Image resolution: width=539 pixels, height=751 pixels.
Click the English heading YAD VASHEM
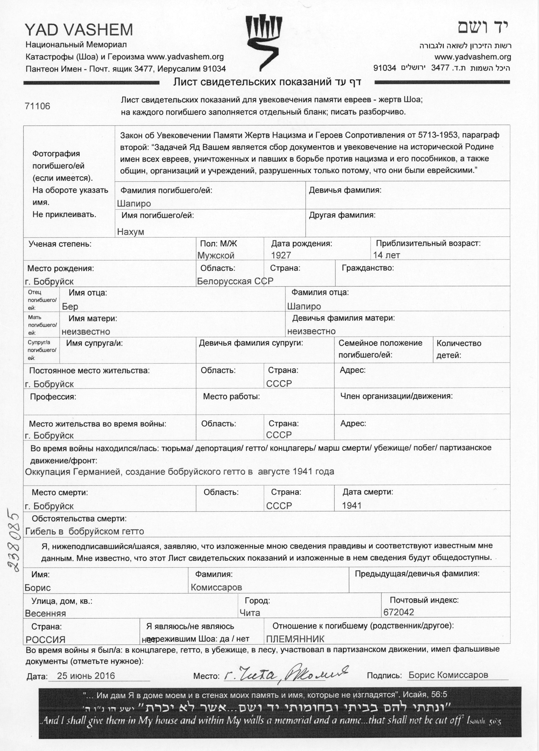79,30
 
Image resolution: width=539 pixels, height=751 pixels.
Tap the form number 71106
37,106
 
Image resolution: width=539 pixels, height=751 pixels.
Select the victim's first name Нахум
131,232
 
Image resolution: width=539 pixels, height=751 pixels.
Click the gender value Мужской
216,256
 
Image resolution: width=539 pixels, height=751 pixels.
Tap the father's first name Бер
70,307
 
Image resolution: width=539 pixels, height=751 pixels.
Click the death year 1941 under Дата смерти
352,506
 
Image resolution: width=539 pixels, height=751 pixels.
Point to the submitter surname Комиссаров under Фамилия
216,587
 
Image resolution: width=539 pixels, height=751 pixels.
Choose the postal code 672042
399,612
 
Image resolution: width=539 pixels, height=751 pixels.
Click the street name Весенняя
45,613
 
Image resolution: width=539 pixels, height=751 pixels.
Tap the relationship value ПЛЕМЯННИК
295,639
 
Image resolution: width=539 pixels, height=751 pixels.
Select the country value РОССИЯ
45,640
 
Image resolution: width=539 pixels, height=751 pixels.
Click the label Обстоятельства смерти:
79,519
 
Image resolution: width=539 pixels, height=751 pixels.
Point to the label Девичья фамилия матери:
343,319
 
